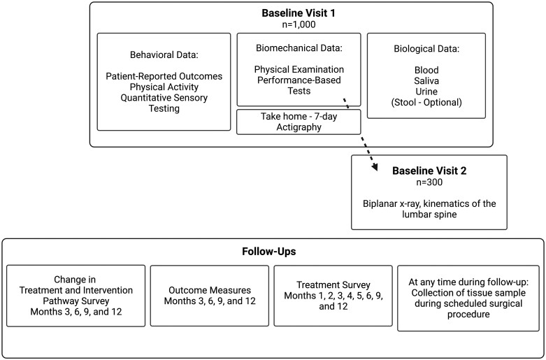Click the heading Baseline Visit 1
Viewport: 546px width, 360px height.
[298, 13]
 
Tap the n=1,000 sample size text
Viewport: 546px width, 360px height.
[299, 24]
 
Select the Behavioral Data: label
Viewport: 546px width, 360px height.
[164, 55]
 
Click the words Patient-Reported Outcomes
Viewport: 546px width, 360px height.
[164, 76]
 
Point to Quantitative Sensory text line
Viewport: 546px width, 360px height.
[164, 98]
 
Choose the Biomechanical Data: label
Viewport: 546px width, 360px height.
[299, 48]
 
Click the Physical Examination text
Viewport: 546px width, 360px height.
[299, 69]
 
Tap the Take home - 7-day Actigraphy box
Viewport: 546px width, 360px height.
[299, 122]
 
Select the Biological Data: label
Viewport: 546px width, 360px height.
[426, 49]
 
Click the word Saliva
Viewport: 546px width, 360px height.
[426, 81]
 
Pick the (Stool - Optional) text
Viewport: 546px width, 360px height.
[426, 102]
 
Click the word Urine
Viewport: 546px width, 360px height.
[426, 92]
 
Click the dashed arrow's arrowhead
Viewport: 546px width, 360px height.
[375, 167]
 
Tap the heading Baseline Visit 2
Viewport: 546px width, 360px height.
[429, 171]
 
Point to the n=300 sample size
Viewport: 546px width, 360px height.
[429, 182]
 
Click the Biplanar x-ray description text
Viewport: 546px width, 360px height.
[429, 208]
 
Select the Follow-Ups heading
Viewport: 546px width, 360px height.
[269, 252]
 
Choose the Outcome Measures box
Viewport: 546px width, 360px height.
[210, 296]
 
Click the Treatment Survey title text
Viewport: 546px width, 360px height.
[333, 285]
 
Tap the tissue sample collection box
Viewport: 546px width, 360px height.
[468, 298]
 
